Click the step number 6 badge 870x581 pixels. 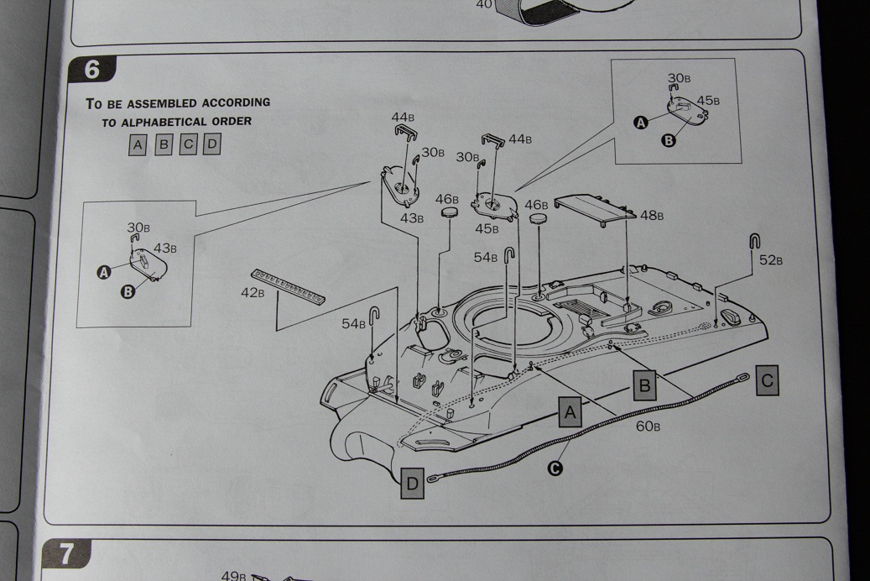point(92,70)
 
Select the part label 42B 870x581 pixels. point(253,293)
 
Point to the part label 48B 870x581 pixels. point(652,215)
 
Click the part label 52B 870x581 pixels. point(771,260)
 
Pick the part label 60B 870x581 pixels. point(648,426)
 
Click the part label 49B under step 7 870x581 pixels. point(233,575)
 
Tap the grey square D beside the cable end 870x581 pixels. point(412,484)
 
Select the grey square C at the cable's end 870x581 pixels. point(768,380)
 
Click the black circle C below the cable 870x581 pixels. point(555,468)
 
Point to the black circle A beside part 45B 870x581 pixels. point(641,123)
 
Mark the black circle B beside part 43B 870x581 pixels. point(128,291)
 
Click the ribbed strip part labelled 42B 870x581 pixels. point(288,286)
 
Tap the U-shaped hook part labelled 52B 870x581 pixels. point(754,242)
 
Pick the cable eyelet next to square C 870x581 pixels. point(742,379)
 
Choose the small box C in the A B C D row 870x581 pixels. point(188,144)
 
